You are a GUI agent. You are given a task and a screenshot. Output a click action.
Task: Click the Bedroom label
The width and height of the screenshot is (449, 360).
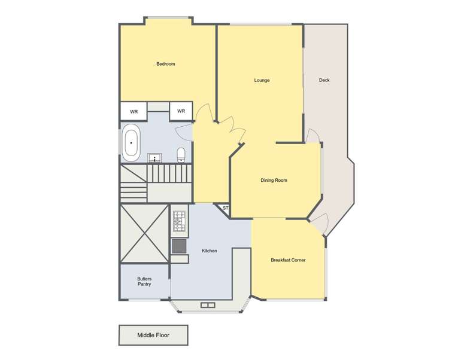tap(166, 64)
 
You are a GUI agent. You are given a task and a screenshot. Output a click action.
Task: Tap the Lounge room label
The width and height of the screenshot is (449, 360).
tap(262, 80)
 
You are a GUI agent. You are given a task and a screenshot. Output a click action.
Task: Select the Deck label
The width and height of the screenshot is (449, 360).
tap(324, 80)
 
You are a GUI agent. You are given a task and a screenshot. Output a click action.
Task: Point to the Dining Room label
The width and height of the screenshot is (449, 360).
tap(274, 180)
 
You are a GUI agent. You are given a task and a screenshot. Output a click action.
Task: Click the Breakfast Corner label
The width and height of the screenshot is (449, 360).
tap(288, 260)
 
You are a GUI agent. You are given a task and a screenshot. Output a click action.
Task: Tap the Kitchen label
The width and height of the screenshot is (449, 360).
tap(209, 251)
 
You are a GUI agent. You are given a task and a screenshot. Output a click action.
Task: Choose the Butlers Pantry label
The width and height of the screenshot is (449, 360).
tap(144, 281)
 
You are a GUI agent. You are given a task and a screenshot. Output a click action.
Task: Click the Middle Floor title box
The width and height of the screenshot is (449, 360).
tap(153, 335)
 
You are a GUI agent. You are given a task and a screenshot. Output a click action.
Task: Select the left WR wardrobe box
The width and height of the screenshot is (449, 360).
tap(134, 111)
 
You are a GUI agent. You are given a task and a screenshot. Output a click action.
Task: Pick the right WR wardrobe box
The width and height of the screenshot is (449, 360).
tap(181, 111)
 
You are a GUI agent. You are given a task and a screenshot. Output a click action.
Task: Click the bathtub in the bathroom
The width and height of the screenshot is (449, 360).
tap(131, 144)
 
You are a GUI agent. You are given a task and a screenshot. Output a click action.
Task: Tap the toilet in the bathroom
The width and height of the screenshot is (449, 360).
tap(181, 155)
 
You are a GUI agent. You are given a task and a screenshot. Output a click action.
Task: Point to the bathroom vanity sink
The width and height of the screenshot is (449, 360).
tap(155, 158)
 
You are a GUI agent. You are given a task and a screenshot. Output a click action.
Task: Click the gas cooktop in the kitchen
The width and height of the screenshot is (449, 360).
tap(178, 222)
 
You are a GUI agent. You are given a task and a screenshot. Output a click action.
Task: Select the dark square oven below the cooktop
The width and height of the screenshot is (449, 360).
tap(178, 246)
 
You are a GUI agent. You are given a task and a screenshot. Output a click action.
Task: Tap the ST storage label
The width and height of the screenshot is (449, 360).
tap(225, 208)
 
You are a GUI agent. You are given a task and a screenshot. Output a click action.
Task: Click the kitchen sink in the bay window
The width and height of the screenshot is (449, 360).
tap(207, 305)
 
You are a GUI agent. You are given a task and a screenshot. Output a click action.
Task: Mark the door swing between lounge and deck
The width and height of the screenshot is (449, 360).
tap(312, 136)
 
